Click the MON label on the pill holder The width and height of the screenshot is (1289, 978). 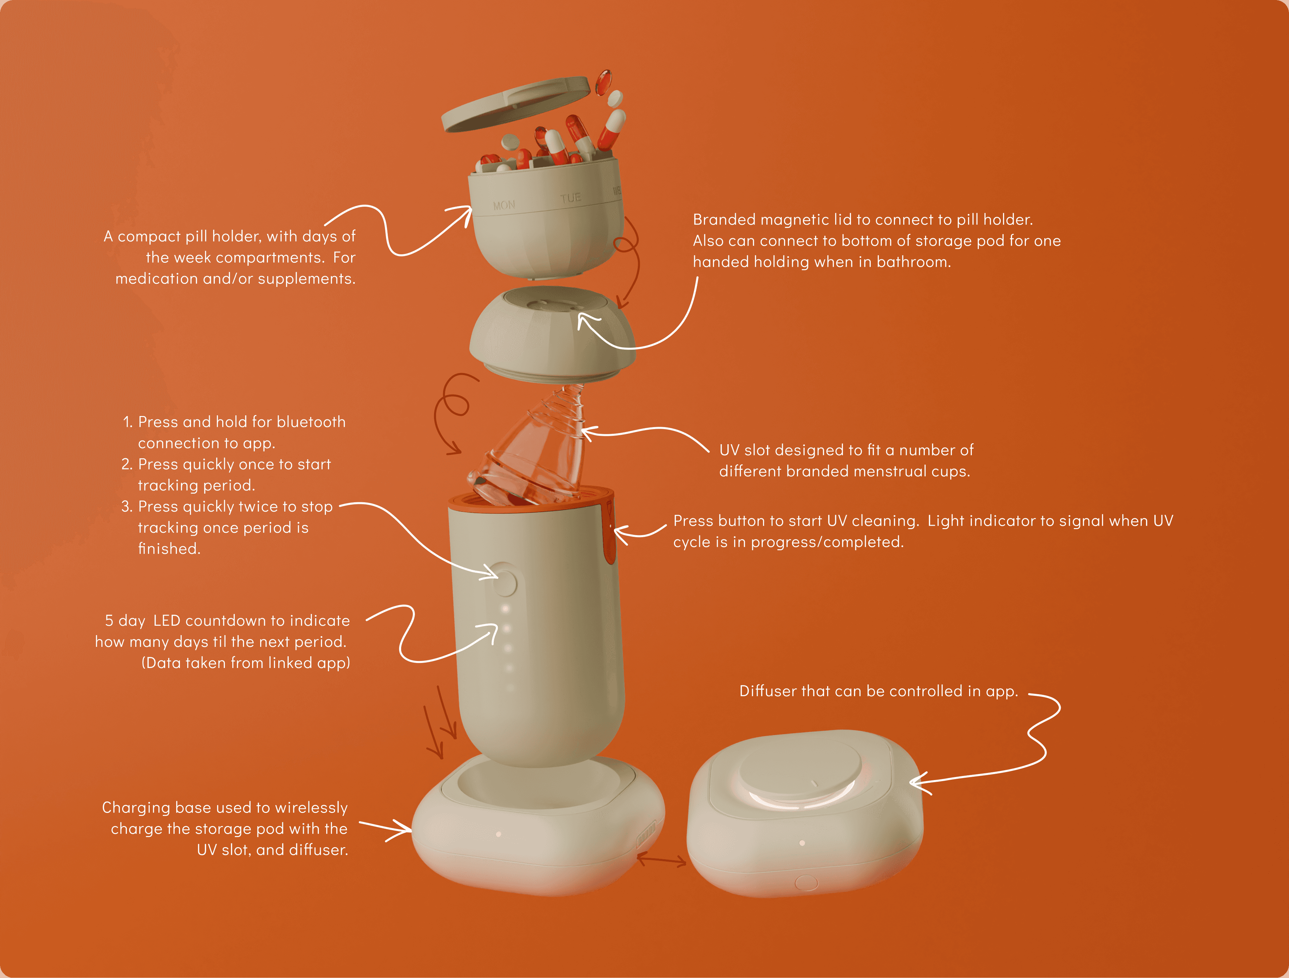point(504,205)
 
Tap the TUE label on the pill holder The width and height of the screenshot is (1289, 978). point(571,198)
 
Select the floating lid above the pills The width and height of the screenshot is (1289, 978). point(516,104)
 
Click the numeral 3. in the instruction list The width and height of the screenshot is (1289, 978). point(127,507)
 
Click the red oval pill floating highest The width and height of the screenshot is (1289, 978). point(603,82)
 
